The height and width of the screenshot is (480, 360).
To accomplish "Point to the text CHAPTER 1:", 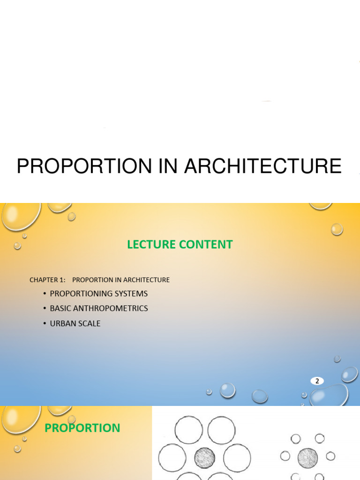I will coord(47,280).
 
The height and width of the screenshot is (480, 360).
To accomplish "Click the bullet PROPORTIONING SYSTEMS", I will coord(98,294).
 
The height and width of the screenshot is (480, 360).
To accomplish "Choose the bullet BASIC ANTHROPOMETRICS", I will coord(98,308).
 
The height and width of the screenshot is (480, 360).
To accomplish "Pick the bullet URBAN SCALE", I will coord(75,323).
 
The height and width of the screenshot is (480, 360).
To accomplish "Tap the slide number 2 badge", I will coord(317,381).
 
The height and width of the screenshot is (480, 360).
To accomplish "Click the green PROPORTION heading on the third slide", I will coord(82,428).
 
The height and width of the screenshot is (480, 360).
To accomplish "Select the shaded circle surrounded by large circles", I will coord(204,457).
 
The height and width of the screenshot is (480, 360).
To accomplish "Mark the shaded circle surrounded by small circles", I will coord(307,457).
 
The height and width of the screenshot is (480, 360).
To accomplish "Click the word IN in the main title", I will coord(169,166).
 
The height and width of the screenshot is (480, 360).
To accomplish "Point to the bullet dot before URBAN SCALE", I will coord(44,323).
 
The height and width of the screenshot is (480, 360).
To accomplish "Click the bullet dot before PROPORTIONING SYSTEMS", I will coord(44,294).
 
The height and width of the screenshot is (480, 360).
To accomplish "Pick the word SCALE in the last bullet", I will coord(89,323).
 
